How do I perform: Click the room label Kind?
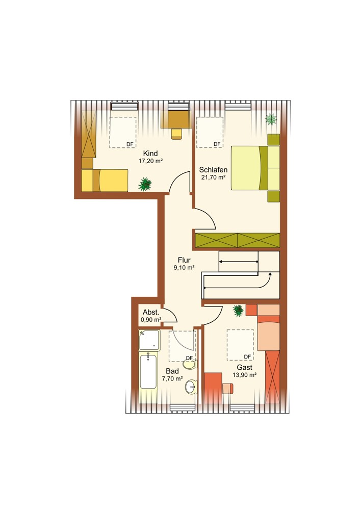150,153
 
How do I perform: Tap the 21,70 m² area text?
213,177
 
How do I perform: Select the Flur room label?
184,260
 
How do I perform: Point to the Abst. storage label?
151,312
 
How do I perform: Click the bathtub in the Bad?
148,371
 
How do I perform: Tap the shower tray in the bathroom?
149,340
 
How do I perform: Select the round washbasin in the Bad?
191,387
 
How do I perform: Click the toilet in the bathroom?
190,364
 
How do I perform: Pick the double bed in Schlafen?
255,168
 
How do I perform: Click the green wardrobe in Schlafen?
238,240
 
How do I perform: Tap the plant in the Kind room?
145,184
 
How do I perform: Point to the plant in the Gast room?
238,311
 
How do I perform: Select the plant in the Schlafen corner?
271,119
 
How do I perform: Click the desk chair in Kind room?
176,134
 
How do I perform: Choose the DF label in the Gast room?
247,357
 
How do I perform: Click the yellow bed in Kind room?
105,180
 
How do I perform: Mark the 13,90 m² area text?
244,375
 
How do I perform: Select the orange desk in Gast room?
213,388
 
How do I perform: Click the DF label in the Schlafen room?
217,144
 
